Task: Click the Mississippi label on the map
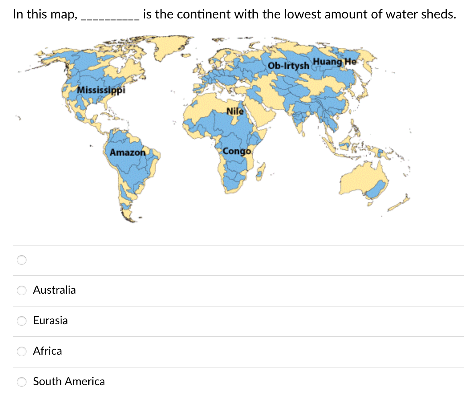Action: tap(101, 89)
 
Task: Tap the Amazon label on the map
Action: tap(128, 152)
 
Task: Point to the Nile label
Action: tap(235, 111)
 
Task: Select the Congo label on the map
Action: tap(237, 151)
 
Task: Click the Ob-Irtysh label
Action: tap(288, 65)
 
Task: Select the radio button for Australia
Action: tap(22, 290)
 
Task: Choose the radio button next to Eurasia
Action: tap(22, 321)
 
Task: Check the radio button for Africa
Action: tap(22, 351)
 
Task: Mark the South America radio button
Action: tap(22, 382)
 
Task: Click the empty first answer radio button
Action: tap(22, 260)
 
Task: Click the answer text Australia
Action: tap(54, 290)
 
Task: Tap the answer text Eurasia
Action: tap(50, 321)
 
